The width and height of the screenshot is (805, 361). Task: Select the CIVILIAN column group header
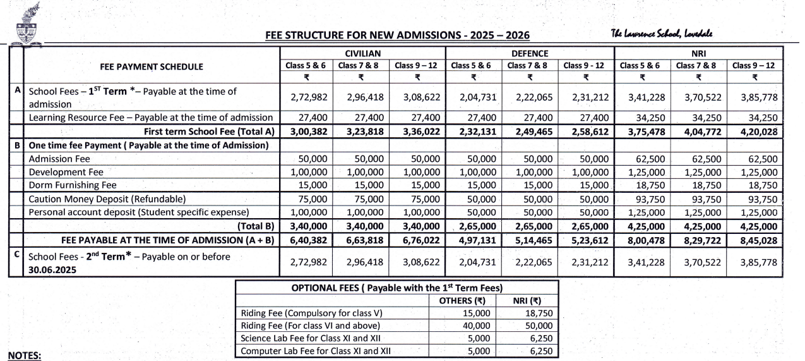point(362,53)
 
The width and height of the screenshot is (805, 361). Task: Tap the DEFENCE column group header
point(530,53)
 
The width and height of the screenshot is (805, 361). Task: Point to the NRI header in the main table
point(698,53)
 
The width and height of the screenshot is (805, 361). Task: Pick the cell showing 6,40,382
point(306,240)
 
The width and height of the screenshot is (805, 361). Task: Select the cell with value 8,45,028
point(756,240)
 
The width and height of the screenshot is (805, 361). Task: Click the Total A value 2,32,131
point(474,132)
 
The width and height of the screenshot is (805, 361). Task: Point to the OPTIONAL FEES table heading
point(397,287)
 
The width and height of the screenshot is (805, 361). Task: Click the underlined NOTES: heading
point(25,355)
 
